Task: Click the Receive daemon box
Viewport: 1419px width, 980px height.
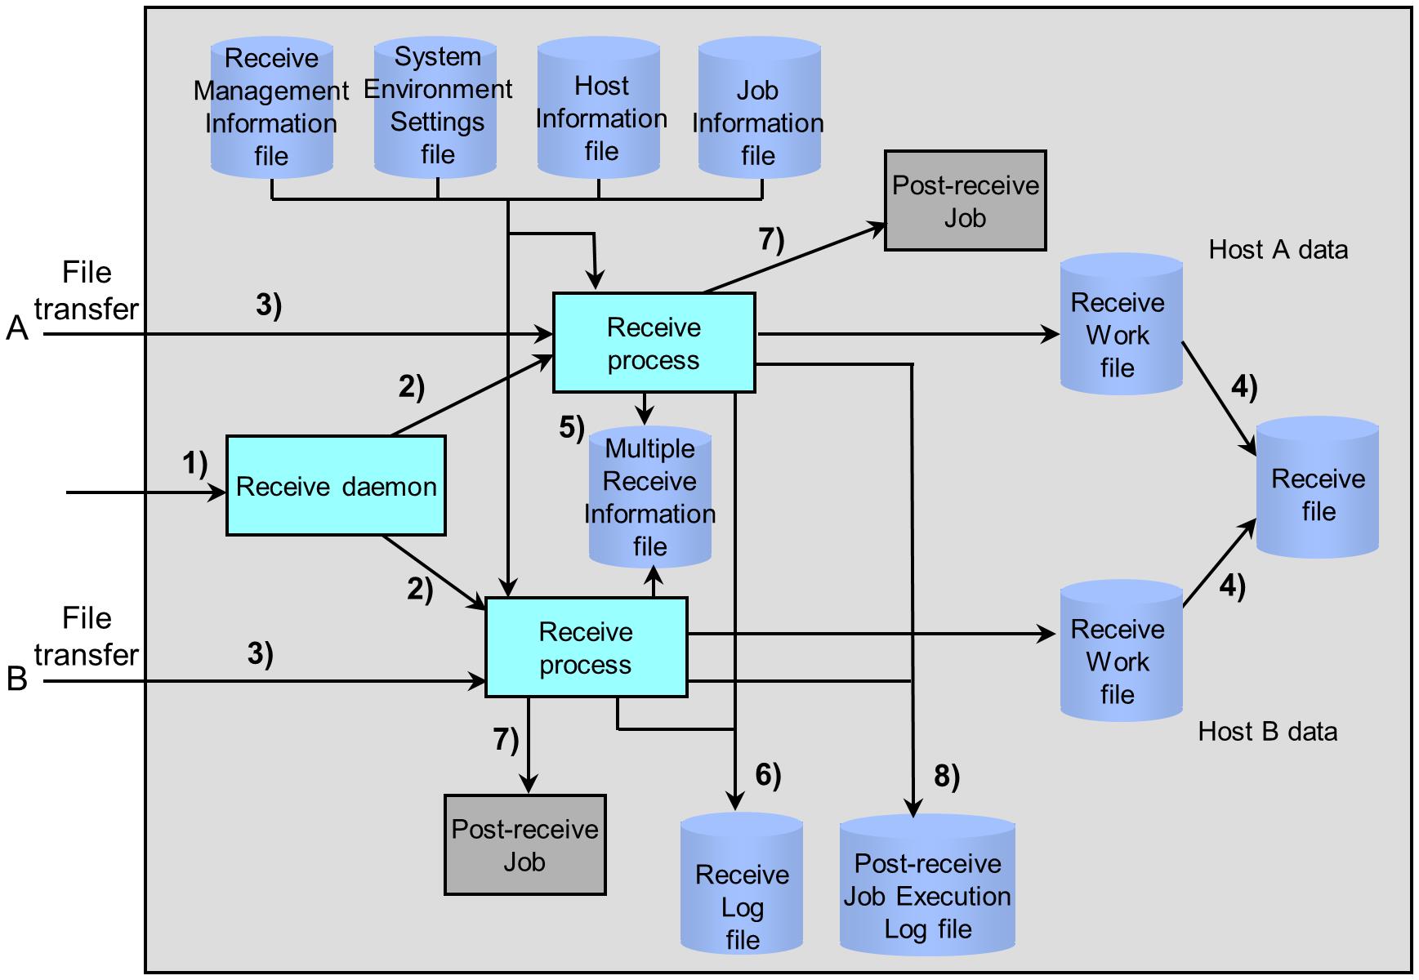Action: click(336, 486)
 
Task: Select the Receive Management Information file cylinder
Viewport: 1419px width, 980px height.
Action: click(271, 107)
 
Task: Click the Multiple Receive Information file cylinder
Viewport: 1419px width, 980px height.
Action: click(650, 497)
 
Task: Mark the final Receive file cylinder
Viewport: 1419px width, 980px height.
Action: click(1317, 490)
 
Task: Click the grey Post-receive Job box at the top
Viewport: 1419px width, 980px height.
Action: click(965, 201)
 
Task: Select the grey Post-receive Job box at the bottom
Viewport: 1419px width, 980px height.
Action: click(525, 845)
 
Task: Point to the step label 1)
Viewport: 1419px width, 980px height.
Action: click(194, 464)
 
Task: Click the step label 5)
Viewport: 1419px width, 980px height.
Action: click(572, 427)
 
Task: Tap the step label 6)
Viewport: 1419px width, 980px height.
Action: click(768, 775)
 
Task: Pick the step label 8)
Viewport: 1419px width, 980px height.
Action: click(946, 777)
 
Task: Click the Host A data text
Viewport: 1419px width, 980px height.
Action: click(1278, 250)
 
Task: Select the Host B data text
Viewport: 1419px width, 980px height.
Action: click(1268, 732)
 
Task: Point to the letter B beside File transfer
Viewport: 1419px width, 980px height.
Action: click(17, 679)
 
